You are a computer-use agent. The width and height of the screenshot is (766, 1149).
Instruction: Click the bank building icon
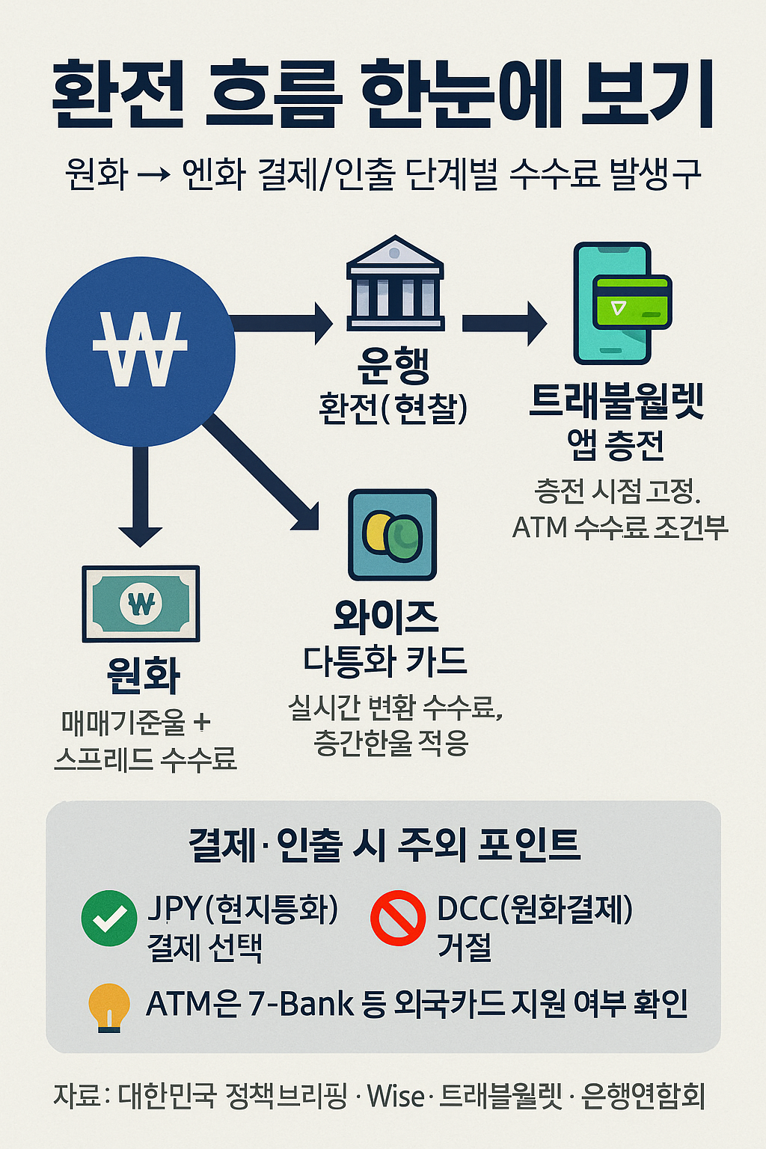pos(395,284)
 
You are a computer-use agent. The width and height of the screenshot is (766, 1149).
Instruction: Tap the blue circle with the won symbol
pos(141,351)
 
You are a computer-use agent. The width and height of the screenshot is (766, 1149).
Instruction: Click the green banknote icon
pos(141,603)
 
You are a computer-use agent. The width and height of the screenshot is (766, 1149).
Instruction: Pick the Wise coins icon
pos(392,535)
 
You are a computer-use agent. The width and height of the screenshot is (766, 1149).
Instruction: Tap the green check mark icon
pos(109,918)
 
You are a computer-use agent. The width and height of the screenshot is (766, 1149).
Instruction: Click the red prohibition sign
pos(398,918)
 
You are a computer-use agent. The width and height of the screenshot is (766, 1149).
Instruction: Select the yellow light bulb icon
pos(109,1007)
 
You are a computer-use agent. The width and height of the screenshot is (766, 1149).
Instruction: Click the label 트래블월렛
pos(616,402)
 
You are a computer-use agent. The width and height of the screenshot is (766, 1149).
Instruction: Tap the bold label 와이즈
pos(386,616)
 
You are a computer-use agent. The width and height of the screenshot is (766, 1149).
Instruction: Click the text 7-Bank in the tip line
pos(300,1004)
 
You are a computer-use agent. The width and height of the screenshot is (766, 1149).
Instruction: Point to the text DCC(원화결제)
pos(535,909)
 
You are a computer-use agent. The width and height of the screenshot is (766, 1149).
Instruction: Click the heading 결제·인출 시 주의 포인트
pos(384,845)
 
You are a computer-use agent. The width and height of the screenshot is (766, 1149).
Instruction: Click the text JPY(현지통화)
pos(243,909)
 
